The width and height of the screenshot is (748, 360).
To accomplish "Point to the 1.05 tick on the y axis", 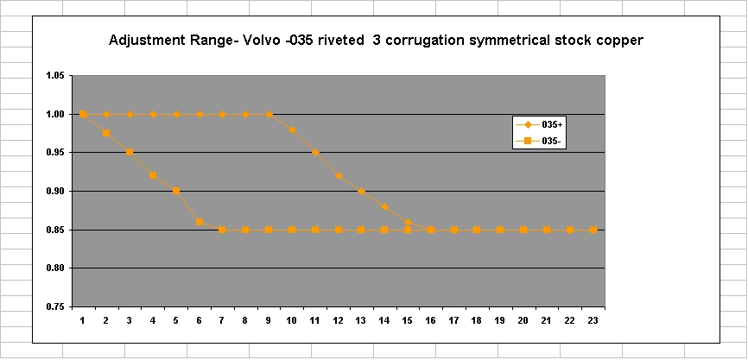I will [54, 76].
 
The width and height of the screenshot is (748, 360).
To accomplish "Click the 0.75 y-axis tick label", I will [54, 306].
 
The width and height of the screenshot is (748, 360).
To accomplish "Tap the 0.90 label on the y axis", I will [54, 191].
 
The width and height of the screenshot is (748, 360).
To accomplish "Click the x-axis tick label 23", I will [593, 320].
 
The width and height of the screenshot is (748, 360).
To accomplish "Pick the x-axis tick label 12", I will [339, 320].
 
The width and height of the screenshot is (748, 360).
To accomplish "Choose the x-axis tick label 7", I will [222, 320].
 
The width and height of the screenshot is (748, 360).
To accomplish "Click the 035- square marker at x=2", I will [106, 133].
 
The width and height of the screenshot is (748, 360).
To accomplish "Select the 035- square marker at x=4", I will [153, 175].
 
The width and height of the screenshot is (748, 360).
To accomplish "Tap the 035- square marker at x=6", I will [200, 222].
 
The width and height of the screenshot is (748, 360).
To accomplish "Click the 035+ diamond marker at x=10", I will [292, 129].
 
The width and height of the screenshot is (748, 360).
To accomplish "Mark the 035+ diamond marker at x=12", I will [339, 175].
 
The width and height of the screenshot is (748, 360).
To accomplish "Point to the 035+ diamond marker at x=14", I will [384, 206].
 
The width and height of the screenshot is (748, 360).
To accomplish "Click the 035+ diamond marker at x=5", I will [176, 114].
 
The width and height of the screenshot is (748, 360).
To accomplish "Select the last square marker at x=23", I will [593, 230].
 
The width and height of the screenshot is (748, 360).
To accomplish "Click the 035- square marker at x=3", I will [130, 152].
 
